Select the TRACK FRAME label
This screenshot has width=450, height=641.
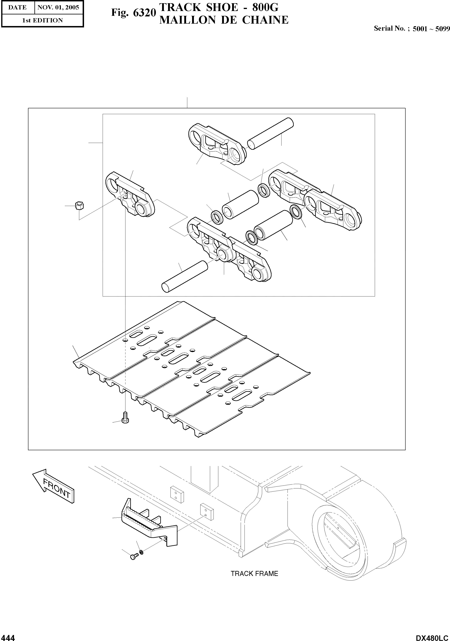(x=254, y=574)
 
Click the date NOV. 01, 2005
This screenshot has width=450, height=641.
(x=58, y=8)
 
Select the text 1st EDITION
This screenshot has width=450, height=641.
(x=42, y=20)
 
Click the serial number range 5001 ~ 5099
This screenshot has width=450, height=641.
(x=431, y=29)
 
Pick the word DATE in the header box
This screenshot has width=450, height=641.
(x=17, y=8)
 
